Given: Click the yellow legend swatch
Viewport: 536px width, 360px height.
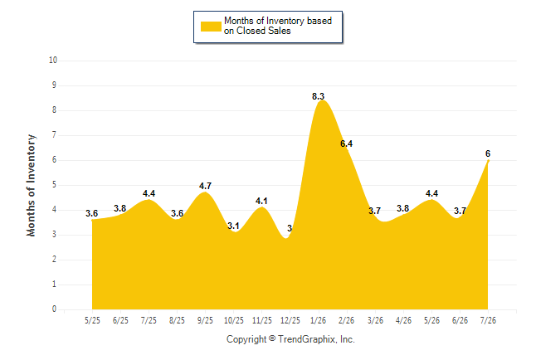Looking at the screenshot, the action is coord(211,27).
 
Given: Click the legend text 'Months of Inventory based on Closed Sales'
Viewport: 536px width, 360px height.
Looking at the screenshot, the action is coord(278,26).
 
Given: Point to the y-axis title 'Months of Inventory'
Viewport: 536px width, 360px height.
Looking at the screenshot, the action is coord(31,185).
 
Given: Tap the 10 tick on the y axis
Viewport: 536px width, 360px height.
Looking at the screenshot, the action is coord(53,61).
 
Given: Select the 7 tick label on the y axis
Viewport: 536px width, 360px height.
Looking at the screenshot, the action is coord(54,135).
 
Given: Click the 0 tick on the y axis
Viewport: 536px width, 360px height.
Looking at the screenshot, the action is coord(54,309).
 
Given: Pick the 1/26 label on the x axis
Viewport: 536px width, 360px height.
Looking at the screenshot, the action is coord(319,320).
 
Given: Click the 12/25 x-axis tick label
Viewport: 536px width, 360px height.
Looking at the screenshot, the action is coord(290,320).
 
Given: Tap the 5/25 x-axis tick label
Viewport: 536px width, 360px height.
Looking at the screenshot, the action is coord(92,320).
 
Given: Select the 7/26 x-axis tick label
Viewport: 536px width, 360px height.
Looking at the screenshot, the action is coord(488,320).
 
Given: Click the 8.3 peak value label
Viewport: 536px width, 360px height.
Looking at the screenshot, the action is coord(318,96).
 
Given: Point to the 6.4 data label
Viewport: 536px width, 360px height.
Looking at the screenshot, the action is coord(346,144).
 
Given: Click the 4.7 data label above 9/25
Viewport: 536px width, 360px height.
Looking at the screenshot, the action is coord(205,186).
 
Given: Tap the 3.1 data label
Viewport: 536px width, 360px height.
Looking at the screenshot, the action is coord(233,226).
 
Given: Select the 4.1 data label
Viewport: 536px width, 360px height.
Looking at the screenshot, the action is coord(261,201).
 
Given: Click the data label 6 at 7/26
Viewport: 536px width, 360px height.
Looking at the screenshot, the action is coord(488,153).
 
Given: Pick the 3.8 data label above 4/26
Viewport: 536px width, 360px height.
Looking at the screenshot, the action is coord(403,208).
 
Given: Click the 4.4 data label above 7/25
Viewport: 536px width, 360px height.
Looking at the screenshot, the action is coord(149,193).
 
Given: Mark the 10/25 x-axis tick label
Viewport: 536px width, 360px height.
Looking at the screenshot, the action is coord(233,320).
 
